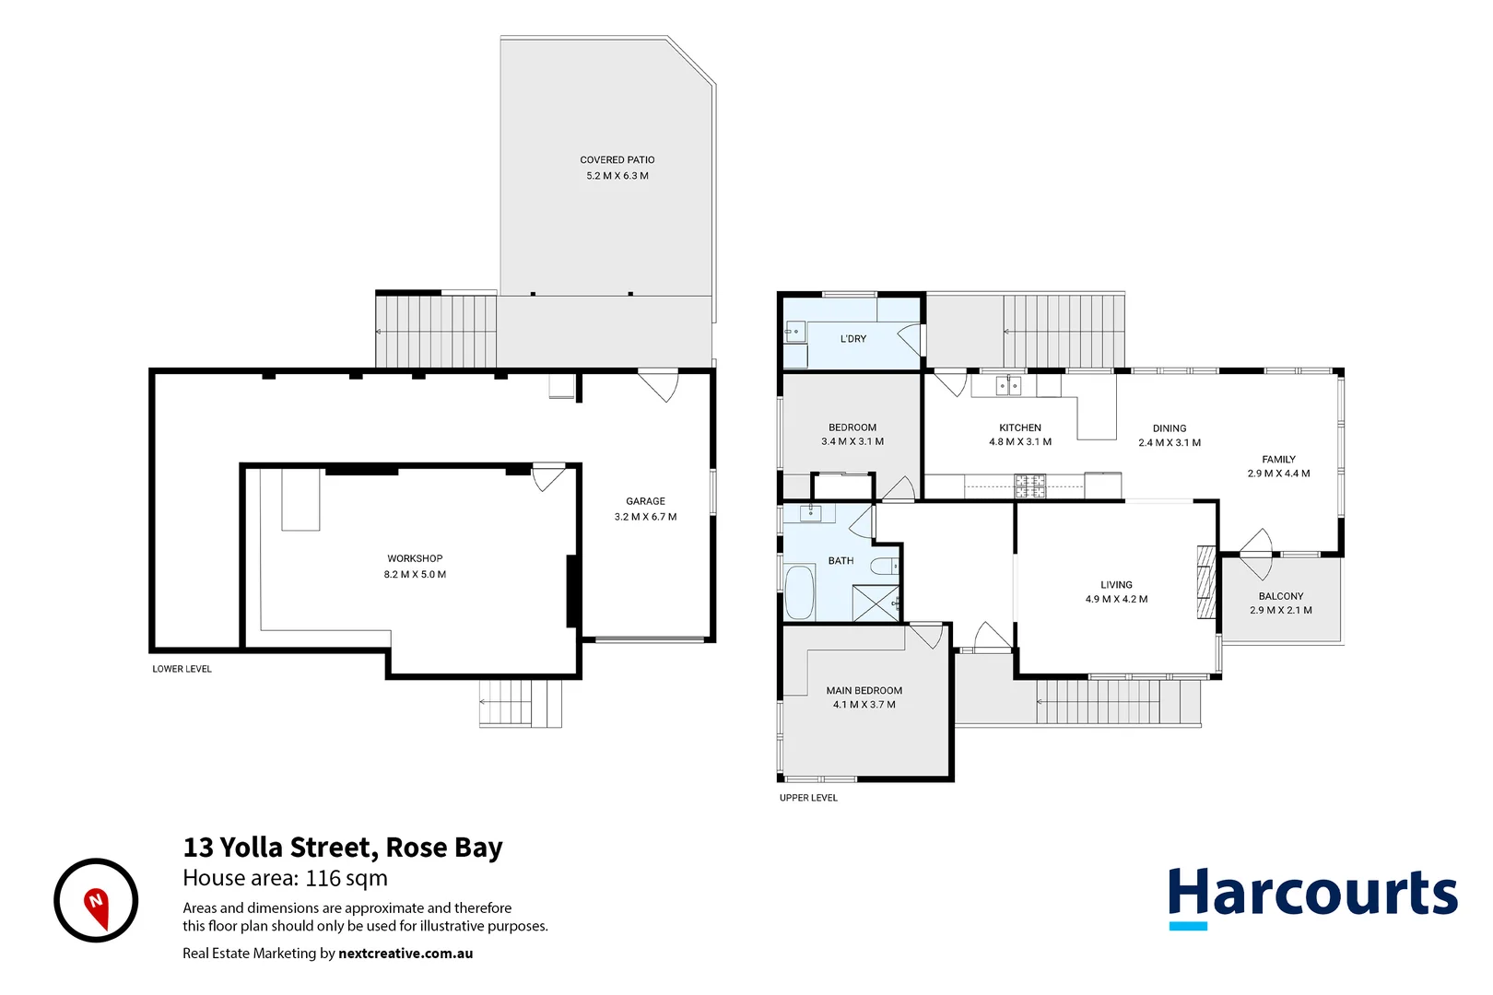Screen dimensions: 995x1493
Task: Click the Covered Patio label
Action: [617, 159]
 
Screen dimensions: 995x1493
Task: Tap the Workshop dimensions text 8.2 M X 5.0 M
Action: [415, 574]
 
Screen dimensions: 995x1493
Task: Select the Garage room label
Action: [645, 501]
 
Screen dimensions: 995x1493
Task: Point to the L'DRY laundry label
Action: [852, 339]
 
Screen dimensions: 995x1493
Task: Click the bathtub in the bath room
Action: [799, 592]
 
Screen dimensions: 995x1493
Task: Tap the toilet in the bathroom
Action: [884, 566]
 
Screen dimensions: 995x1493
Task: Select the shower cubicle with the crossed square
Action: [875, 603]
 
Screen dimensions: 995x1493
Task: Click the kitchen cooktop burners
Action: [1029, 486]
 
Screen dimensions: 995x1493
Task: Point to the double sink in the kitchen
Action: [1008, 386]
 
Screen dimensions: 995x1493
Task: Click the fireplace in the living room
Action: [1205, 582]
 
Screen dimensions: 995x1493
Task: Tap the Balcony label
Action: [1280, 596]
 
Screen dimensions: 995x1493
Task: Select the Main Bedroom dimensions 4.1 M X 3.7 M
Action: [864, 705]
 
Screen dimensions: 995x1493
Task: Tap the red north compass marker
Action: [96, 905]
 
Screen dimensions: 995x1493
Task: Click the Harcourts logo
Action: [1311, 896]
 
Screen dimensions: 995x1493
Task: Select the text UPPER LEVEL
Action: [808, 798]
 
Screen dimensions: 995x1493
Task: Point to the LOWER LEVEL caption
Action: [182, 669]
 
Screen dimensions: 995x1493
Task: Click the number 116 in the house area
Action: [323, 878]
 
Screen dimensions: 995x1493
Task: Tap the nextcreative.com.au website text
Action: [406, 954]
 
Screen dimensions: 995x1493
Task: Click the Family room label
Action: [1278, 459]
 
